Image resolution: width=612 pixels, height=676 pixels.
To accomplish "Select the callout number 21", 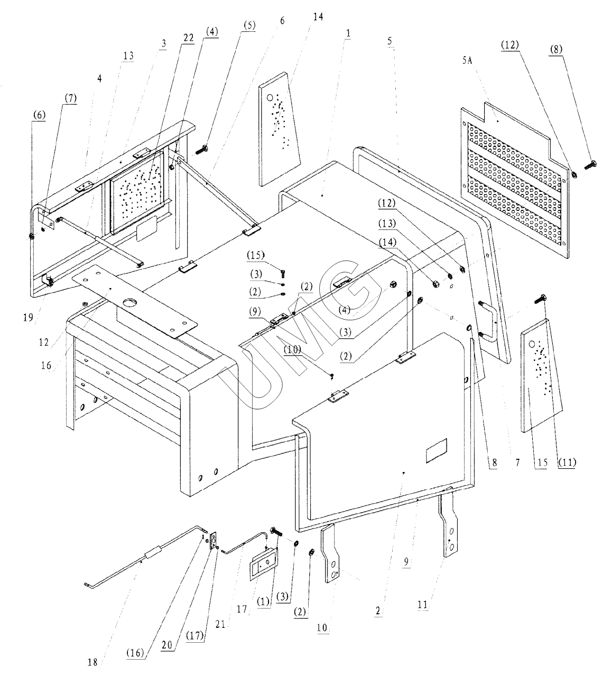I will coord(220,624).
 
